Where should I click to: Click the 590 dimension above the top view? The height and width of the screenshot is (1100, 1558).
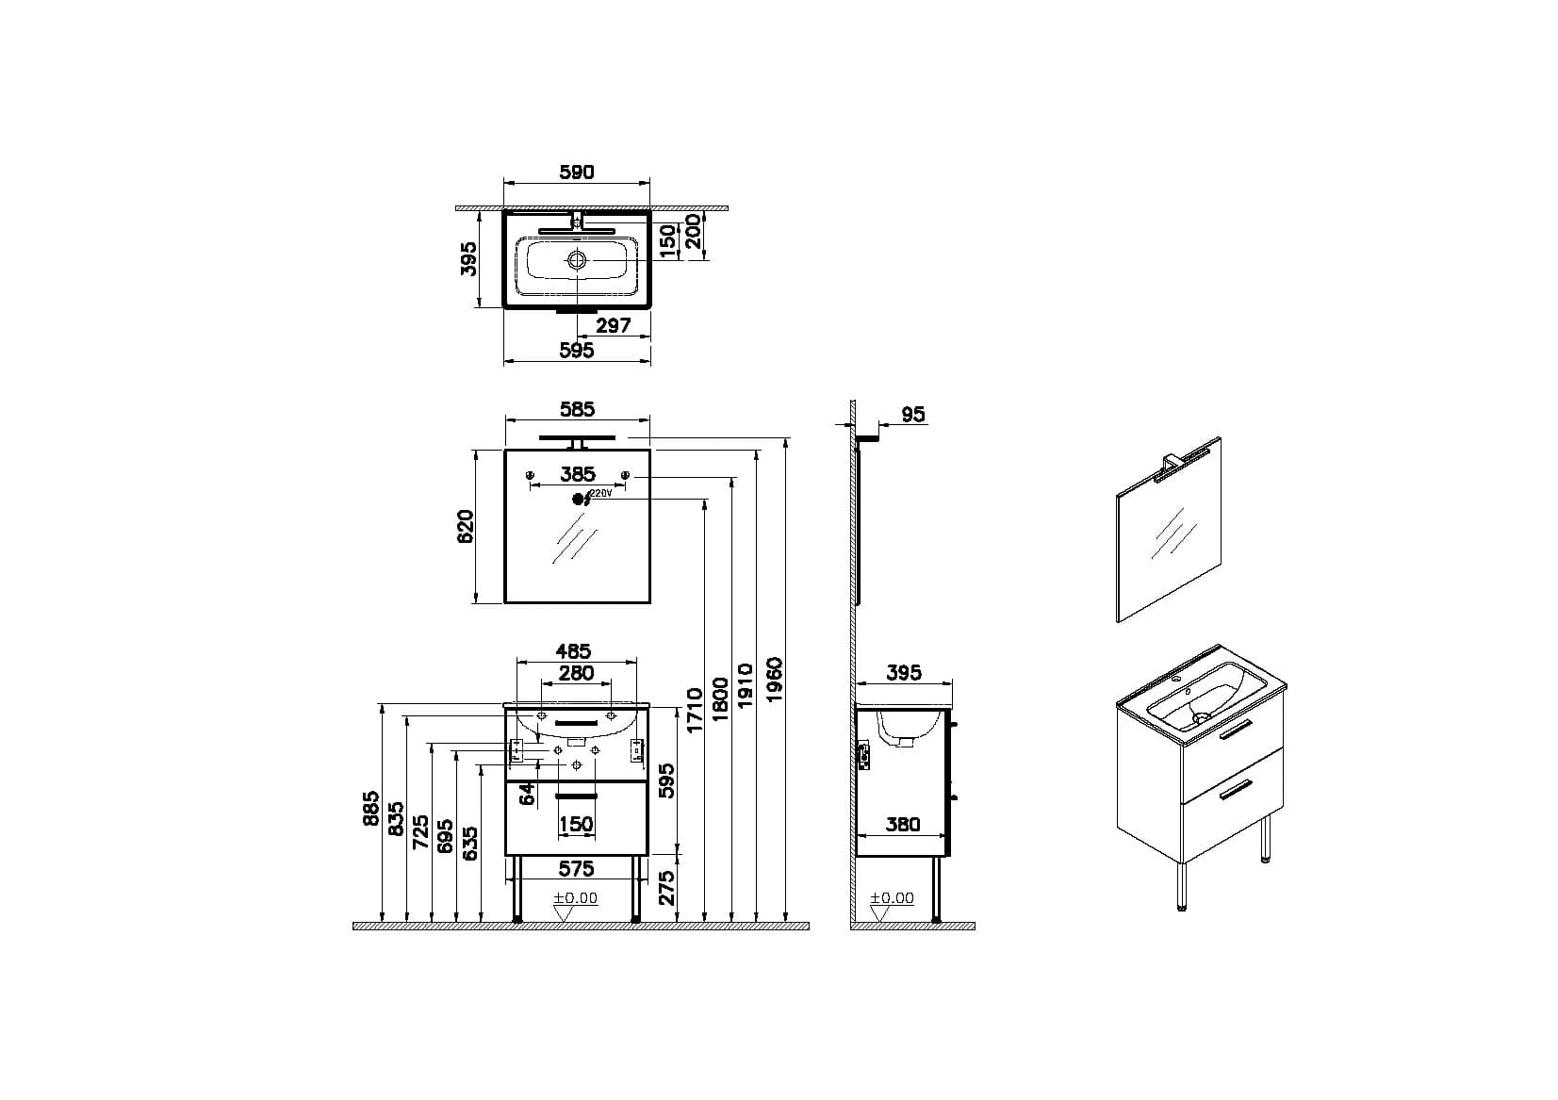[x=577, y=172]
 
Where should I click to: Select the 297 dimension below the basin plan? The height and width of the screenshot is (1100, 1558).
[x=613, y=325]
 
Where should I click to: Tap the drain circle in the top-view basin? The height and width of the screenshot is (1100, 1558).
[x=577, y=260]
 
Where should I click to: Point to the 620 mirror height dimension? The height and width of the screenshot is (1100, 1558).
[x=466, y=526]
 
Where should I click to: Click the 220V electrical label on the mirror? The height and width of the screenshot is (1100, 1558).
[x=601, y=493]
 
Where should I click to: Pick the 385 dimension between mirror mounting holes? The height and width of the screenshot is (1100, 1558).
[x=577, y=474]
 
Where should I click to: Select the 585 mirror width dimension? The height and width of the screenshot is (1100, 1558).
[x=577, y=409]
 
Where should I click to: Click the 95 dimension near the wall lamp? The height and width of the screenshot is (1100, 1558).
[x=913, y=415]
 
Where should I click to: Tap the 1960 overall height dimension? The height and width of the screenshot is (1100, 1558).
[x=774, y=679]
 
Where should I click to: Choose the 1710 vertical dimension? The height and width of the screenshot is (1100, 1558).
[x=695, y=710]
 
